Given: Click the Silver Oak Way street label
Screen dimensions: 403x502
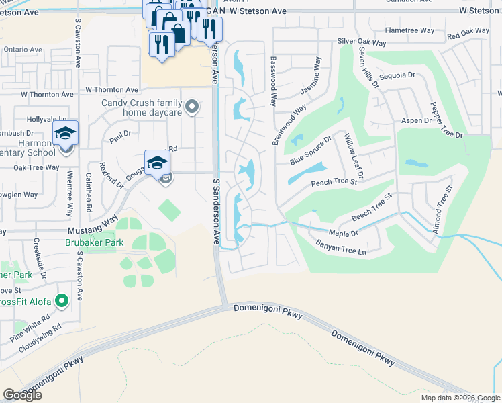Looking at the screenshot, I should (362, 42).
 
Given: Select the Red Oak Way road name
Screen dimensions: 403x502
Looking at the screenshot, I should (468, 32).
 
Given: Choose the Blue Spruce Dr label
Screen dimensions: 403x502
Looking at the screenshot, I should (311, 152).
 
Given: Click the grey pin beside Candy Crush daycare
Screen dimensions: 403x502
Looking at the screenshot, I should (192, 107).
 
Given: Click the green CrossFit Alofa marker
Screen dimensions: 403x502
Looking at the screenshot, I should (62, 301).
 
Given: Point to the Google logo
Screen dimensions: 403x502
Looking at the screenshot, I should (22, 395).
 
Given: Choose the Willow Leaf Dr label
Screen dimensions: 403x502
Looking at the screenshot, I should (353, 156).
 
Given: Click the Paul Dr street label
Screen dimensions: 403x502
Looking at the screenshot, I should (119, 136).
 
